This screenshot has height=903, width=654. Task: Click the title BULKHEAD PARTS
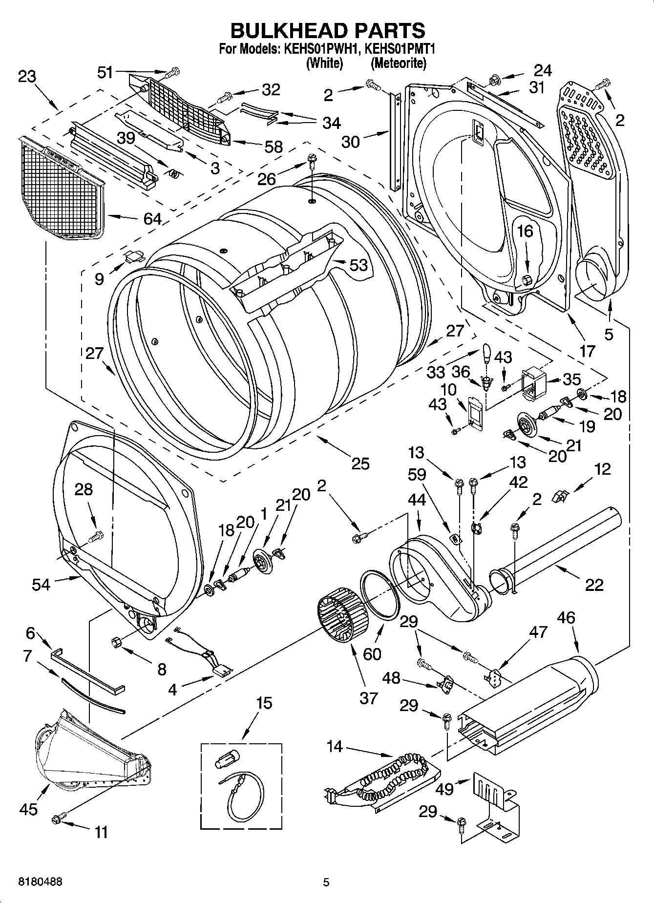[327, 30]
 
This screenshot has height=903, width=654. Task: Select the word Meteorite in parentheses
[398, 63]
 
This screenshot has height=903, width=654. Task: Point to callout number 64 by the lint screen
[152, 218]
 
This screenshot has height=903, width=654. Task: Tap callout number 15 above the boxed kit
[264, 703]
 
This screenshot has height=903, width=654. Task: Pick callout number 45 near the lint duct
[28, 809]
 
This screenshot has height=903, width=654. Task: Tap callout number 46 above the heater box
[566, 618]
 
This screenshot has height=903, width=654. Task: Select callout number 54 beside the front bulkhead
[41, 584]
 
